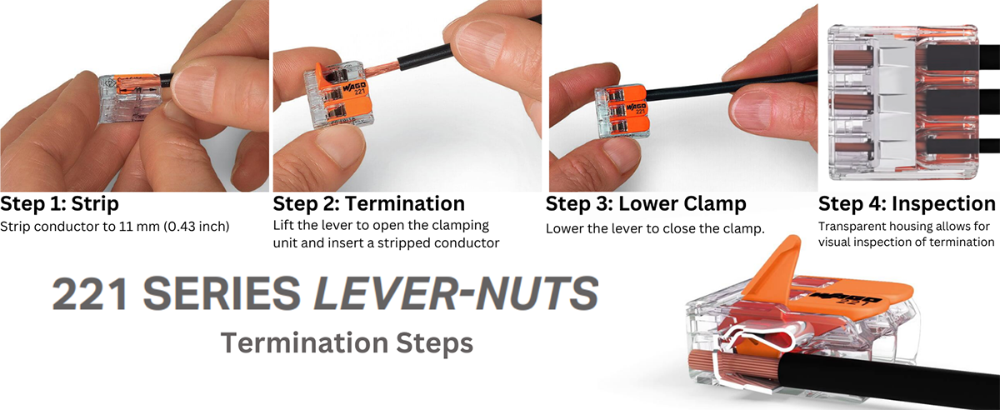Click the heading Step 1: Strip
59,203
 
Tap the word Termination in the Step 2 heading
405,203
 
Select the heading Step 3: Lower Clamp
646,203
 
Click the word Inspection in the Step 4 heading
943,203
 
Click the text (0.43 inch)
196,227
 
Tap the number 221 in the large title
90,293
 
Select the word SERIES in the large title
222,293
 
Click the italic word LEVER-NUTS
455,293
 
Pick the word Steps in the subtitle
434,343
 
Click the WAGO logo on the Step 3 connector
636,107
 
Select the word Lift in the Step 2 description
283,225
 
